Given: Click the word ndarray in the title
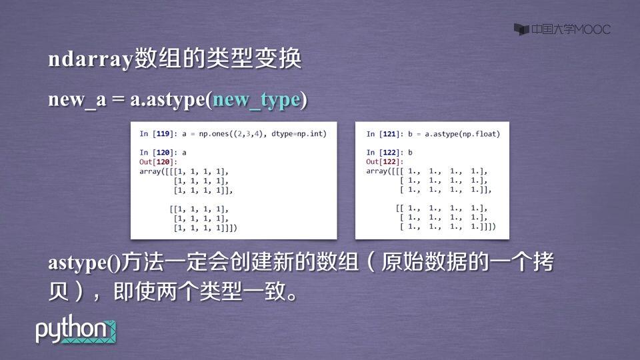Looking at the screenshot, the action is (91, 59).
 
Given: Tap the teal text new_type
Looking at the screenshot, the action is (257, 99).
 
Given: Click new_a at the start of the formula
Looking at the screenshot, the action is (77, 99).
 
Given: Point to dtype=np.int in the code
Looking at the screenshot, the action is (299, 134).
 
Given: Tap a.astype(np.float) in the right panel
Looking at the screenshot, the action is (462, 134).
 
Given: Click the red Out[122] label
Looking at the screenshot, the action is (385, 161).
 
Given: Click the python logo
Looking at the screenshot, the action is (75, 329).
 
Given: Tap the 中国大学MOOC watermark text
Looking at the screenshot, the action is (571, 29).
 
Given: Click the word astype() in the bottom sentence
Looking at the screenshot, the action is (85, 263).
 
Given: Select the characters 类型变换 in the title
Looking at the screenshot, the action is (254, 59).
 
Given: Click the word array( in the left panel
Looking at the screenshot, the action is (151, 171).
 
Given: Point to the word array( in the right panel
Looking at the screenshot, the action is (379, 171).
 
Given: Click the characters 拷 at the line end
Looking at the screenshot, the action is (543, 261).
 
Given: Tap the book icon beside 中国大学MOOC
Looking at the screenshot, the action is (521, 29).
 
